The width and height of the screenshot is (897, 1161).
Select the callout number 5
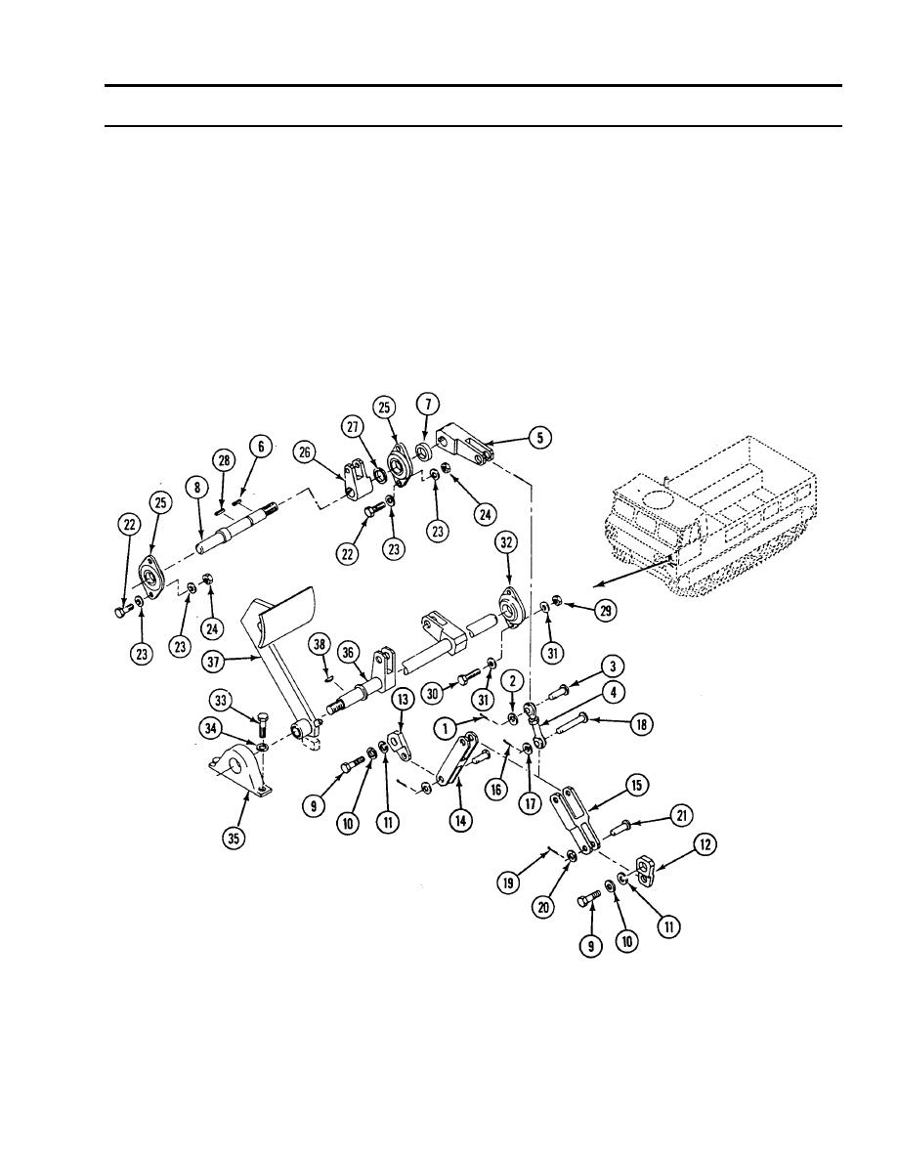[540, 438]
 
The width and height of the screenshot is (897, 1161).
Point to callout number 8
[196, 488]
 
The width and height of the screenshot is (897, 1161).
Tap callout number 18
[641, 724]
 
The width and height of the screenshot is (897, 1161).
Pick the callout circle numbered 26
[304, 451]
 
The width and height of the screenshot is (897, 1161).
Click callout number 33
[221, 699]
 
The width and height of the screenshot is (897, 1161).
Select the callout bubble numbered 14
[461, 820]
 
